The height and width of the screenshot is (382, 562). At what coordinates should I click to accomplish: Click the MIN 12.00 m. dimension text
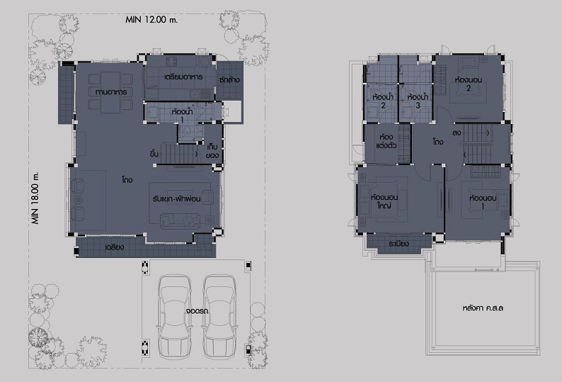point(151,19)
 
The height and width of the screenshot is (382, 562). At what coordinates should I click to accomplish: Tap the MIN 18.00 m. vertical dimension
point(35,198)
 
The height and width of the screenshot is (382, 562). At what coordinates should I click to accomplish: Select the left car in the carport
point(175,317)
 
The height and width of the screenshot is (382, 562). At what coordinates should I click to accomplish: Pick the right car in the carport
point(219,317)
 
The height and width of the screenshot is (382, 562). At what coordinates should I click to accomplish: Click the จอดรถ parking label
point(197,310)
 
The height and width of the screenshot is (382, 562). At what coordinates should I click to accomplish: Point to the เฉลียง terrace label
point(115,247)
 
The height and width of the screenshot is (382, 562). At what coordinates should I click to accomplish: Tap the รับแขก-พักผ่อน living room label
point(176,198)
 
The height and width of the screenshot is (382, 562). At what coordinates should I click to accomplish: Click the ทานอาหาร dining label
point(111,92)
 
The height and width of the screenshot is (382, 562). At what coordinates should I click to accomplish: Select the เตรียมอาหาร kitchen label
point(183,77)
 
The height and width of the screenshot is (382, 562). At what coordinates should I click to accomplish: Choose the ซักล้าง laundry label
point(229,79)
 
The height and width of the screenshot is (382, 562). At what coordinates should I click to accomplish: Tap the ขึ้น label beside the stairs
point(154,154)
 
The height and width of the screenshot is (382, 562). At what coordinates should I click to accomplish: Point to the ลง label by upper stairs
point(457,133)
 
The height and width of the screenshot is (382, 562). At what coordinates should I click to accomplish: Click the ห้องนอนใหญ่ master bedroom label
point(384,201)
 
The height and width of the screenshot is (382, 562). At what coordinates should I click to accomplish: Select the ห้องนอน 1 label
point(483,202)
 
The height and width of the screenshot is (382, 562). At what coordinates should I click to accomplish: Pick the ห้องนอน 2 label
point(469,84)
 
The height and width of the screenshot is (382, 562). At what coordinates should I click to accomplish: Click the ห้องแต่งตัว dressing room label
point(386,142)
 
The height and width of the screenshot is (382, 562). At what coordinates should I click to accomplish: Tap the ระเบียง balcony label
point(398,243)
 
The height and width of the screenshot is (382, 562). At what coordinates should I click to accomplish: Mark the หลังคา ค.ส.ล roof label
point(483,308)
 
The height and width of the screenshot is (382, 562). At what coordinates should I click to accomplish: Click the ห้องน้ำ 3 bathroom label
point(418,101)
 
